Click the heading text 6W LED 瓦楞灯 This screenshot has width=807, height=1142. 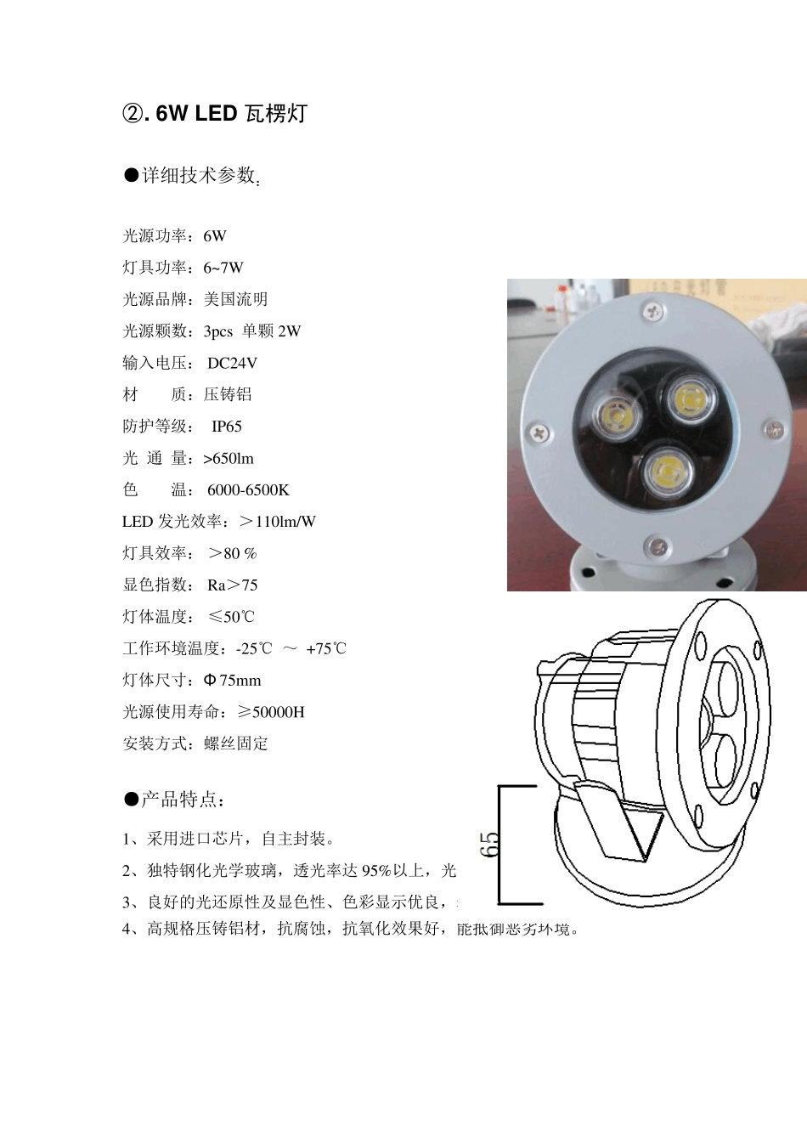click(230, 113)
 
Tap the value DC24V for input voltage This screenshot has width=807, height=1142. click(232, 363)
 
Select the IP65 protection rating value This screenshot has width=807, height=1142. click(227, 427)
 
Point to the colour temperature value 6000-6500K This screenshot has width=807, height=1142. click(248, 490)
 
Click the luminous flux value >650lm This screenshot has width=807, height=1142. click(229, 459)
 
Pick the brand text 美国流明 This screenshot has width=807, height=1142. click(235, 299)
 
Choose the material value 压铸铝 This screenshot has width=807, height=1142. click(228, 394)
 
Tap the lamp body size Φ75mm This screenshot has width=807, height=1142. click(233, 681)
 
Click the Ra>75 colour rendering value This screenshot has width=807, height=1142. click(232, 585)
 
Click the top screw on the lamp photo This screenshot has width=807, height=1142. click(653, 313)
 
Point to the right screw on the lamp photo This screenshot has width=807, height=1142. click(773, 430)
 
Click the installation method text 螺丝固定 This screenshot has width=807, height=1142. click(236, 743)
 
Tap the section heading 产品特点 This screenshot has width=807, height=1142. click(182, 800)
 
